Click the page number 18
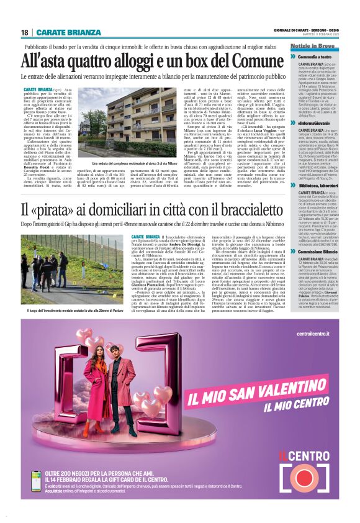coord(25,32)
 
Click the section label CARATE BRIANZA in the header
coord(61,32)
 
